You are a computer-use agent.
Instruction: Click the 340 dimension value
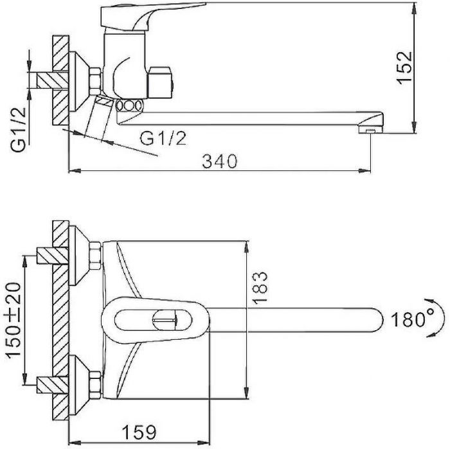click(220, 161)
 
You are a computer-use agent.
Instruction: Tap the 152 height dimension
click(404, 67)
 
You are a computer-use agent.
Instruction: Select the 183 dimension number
click(260, 287)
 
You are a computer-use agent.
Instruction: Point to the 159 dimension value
click(139, 432)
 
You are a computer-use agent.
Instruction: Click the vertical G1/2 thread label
click(19, 130)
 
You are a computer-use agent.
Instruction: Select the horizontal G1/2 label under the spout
click(163, 138)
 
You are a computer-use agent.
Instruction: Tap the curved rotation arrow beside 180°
click(434, 318)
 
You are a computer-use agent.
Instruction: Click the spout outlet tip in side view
click(371, 130)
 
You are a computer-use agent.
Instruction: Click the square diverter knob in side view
click(160, 83)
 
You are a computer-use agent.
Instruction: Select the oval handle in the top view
click(156, 320)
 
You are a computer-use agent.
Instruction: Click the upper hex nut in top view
click(95, 256)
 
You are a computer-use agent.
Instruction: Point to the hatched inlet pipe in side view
click(52, 80)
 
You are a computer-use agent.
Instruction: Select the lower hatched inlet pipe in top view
click(52, 385)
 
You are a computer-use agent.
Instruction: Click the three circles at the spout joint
click(129, 105)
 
